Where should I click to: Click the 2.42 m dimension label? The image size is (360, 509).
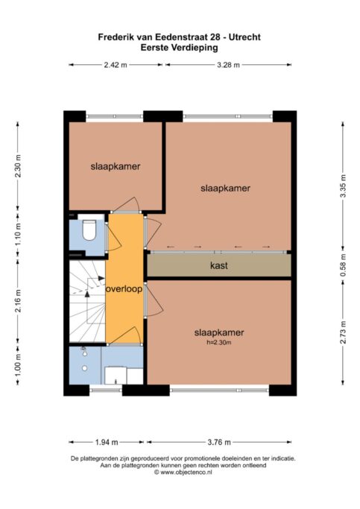pos(116,65)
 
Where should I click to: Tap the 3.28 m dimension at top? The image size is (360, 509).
pos(228,65)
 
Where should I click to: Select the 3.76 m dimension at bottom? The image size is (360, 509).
pos(219,442)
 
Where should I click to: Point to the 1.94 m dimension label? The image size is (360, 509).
pos(107,442)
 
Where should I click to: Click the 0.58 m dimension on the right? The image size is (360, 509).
pos(344,265)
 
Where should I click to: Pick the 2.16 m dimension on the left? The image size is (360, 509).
pos(18,300)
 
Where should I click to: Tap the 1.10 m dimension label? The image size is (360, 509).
pos(18,234)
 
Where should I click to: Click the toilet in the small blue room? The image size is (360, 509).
pos(89,230)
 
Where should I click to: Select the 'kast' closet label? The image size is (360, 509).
pos(219,265)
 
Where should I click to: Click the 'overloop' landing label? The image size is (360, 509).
pos(124,289)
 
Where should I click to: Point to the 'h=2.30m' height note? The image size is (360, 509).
pos(219,342)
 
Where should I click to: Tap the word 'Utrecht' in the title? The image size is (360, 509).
pos(244,37)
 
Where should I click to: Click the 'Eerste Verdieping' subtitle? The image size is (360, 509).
pos(179,48)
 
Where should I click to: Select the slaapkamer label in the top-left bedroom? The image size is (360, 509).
pos(116,166)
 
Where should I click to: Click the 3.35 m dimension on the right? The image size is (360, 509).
pos(344,186)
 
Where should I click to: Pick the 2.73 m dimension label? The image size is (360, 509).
pos(344,332)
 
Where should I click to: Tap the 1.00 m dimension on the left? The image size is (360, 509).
pos(18,364)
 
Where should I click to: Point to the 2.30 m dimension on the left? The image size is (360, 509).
pos(18,166)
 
